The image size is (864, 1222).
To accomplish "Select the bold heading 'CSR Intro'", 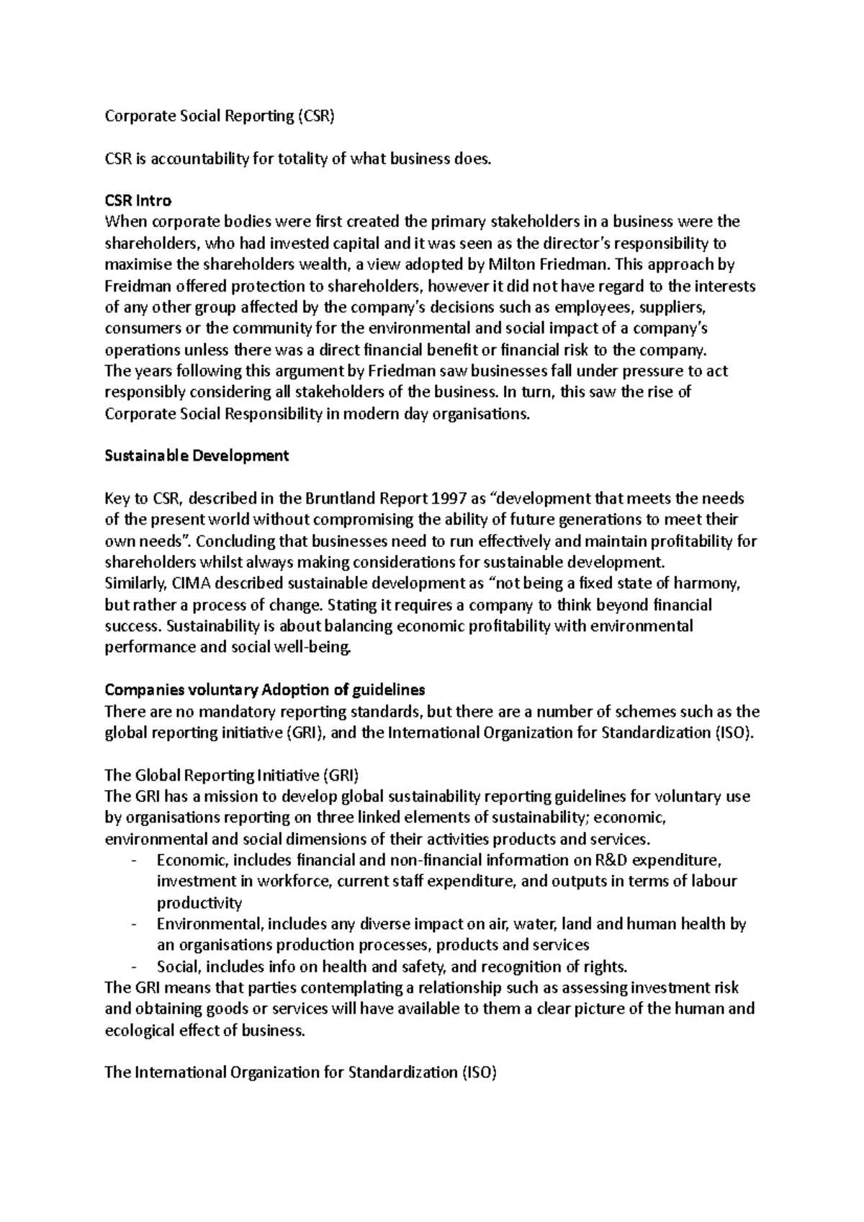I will [138, 200].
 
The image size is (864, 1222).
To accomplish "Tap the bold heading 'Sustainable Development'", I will [197, 456].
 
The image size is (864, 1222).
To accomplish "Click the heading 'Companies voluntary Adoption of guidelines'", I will [265, 689].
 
